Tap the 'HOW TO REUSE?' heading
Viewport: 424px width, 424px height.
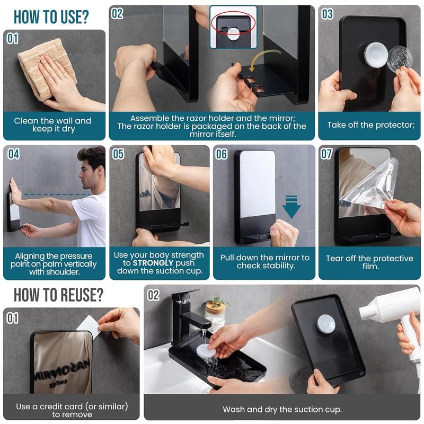(x=58, y=295)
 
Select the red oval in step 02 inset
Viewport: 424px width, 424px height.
(x=233, y=23)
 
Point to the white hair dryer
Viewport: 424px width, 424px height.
(x=395, y=318)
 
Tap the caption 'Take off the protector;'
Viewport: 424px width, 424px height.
(x=370, y=125)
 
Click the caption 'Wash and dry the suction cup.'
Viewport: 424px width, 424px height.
(x=282, y=409)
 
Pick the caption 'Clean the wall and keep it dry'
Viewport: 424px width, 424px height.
(x=52, y=125)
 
